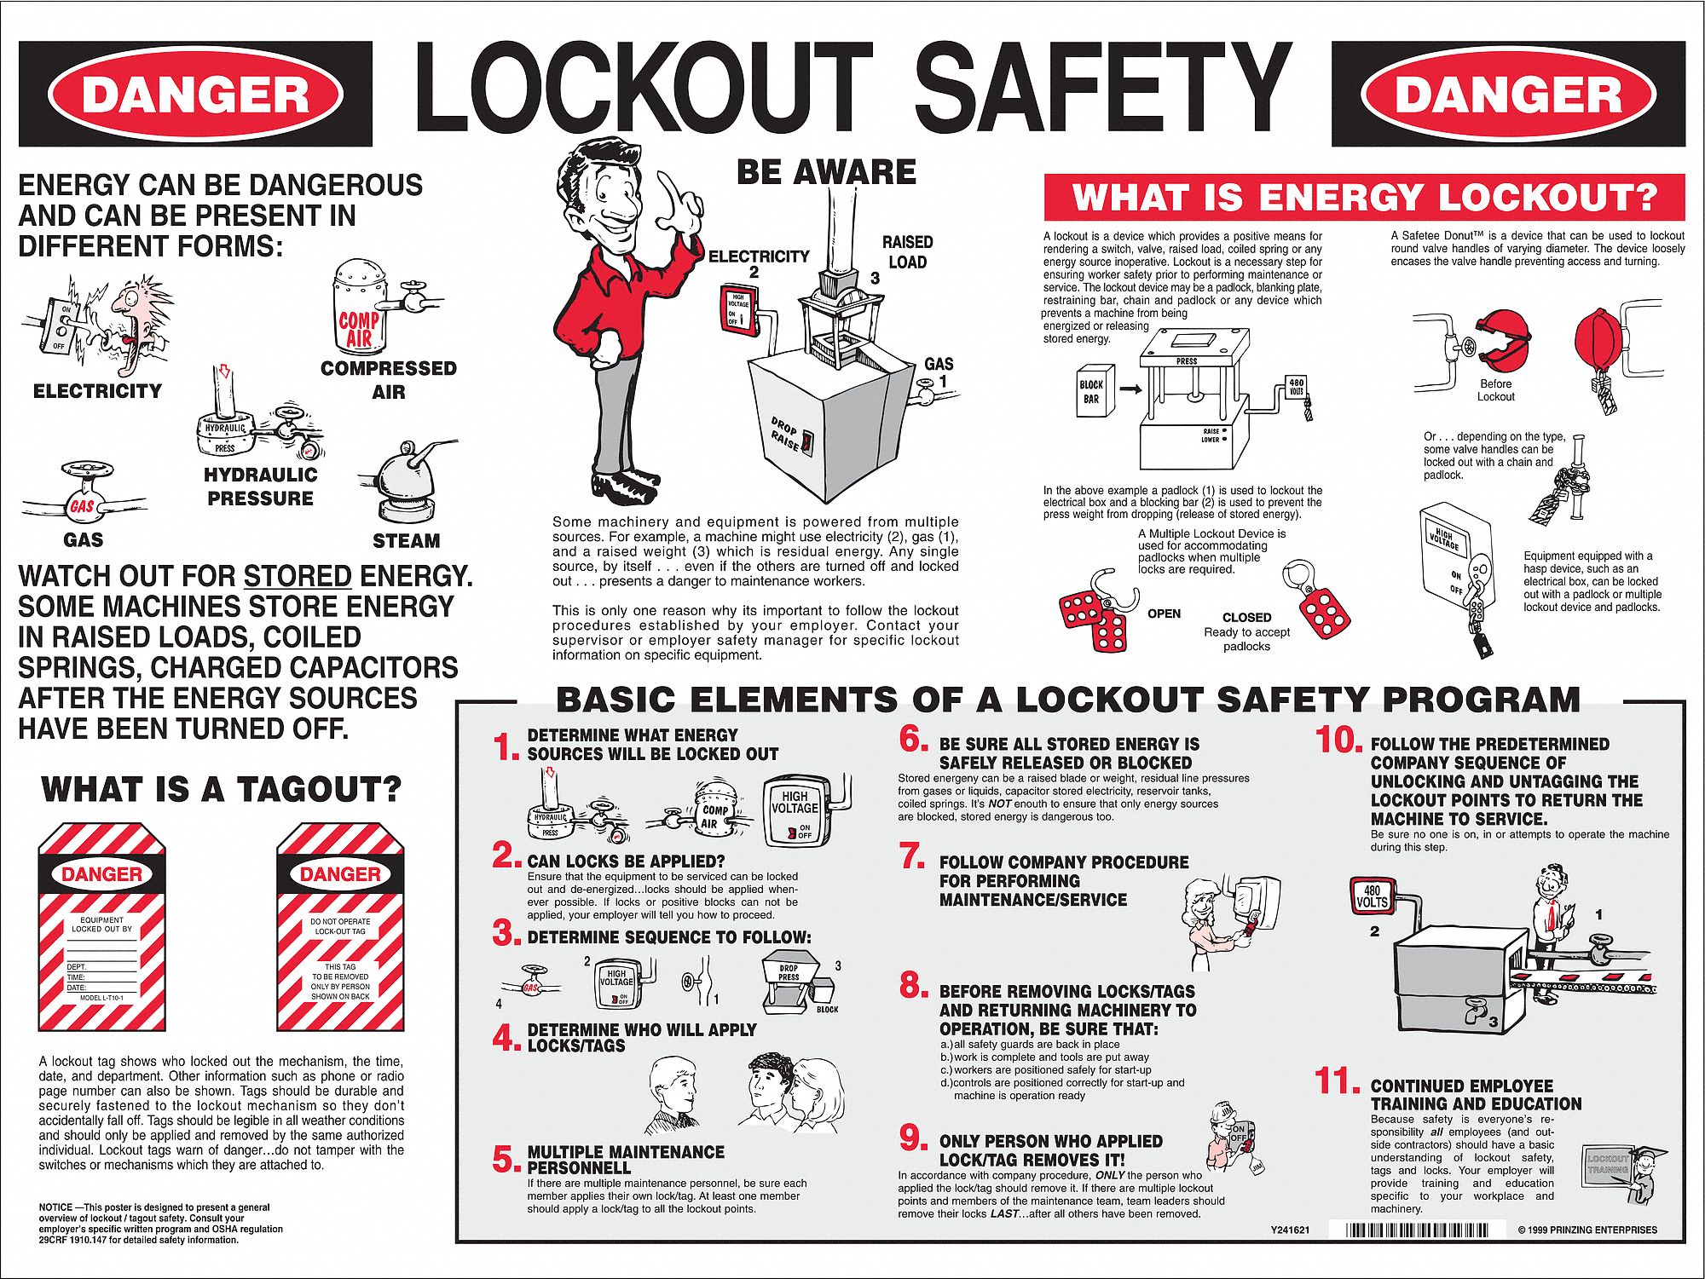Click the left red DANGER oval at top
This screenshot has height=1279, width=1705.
[x=195, y=94]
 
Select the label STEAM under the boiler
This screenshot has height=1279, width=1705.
[x=406, y=541]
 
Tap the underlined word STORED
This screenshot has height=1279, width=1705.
[x=298, y=577]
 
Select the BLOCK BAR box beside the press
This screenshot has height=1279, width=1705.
[x=1092, y=392]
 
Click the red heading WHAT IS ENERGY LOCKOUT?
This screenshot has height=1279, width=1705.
[x=1364, y=198]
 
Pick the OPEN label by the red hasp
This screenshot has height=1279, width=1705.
[x=1164, y=614]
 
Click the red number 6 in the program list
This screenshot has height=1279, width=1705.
[x=913, y=739]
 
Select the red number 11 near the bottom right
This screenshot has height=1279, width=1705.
[x=1336, y=1081]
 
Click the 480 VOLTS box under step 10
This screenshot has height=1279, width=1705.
[x=1372, y=896]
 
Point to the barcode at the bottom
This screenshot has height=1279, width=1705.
[x=1417, y=1230]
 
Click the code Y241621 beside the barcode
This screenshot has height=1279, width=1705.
[x=1290, y=1230]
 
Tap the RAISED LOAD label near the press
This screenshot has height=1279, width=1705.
[x=907, y=252]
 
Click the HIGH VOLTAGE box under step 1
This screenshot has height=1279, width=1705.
[x=795, y=809]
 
